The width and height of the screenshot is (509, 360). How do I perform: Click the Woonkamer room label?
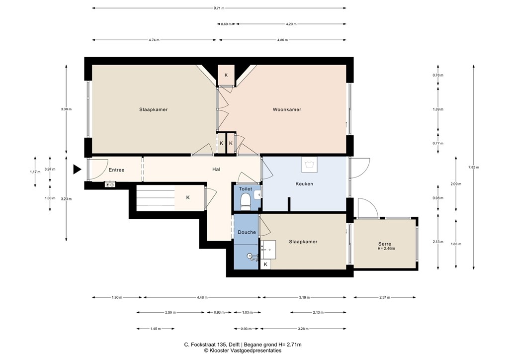(286, 109)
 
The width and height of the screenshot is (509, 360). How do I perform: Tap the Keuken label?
(304, 183)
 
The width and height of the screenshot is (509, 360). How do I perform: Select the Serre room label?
(384, 244)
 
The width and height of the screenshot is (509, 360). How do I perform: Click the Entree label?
(116, 170)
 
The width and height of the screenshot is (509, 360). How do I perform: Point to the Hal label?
(216, 170)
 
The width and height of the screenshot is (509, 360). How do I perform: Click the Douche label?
(247, 232)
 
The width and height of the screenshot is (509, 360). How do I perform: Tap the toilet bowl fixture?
(245, 201)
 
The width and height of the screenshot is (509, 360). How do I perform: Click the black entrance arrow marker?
(77, 170)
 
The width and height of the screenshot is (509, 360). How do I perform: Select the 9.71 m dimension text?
(219, 8)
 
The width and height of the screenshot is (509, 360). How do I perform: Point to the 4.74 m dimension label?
(154, 40)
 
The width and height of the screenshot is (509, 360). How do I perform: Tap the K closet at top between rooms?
(226, 75)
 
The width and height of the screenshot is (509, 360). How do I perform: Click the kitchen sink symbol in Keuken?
(309, 164)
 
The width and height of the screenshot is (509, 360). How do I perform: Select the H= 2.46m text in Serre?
(386, 249)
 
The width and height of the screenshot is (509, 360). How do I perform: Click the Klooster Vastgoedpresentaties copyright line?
(243, 351)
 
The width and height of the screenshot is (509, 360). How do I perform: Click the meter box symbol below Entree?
(110, 185)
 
